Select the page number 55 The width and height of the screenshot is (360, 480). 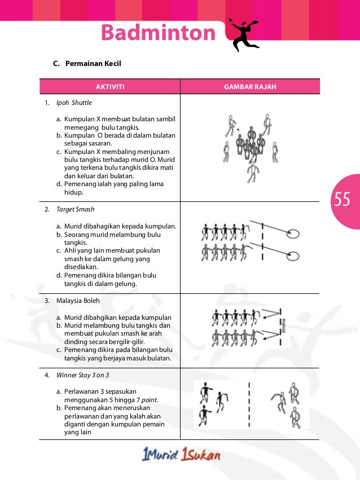[342, 200]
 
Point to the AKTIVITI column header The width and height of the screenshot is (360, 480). [109, 87]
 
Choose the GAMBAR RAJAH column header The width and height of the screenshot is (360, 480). [249, 87]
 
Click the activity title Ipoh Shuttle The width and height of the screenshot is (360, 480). [74, 104]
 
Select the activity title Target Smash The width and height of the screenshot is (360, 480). [75, 209]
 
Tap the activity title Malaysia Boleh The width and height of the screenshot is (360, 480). [78, 301]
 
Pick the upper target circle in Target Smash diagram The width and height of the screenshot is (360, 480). [292, 233]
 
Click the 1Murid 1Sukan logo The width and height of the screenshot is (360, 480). [181, 455]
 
